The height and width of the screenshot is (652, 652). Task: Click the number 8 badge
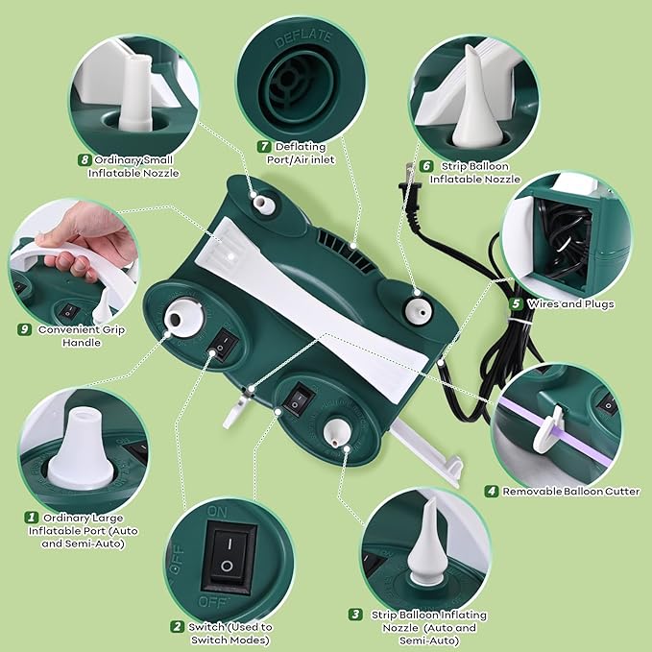[x=84, y=159]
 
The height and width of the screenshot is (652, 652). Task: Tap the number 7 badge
[x=264, y=146]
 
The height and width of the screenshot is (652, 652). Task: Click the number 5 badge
[x=517, y=303]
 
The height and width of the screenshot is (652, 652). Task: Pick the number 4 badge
[x=491, y=491]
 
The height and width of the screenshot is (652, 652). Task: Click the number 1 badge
[x=31, y=517]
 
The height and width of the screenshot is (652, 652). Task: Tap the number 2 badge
[x=178, y=627]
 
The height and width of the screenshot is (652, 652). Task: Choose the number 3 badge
[x=355, y=615]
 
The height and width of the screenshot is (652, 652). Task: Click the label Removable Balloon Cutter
[x=571, y=491]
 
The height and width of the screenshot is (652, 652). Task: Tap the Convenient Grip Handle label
[x=81, y=335]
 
